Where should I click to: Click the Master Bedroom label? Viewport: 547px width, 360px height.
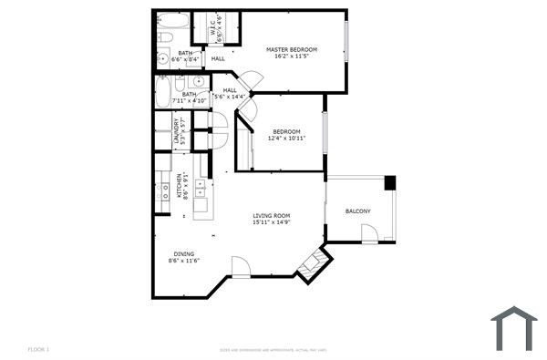292,48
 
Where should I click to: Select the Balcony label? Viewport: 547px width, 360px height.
357,211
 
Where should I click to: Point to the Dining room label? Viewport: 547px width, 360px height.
183,253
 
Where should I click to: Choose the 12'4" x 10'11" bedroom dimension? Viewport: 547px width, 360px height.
287,139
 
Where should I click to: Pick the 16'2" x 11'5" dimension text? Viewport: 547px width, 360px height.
292,56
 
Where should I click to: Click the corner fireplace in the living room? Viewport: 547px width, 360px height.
311,262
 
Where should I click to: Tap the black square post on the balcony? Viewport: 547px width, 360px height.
390,182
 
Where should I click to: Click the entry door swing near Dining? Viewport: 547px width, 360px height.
241,267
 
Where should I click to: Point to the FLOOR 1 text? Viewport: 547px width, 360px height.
37,349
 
